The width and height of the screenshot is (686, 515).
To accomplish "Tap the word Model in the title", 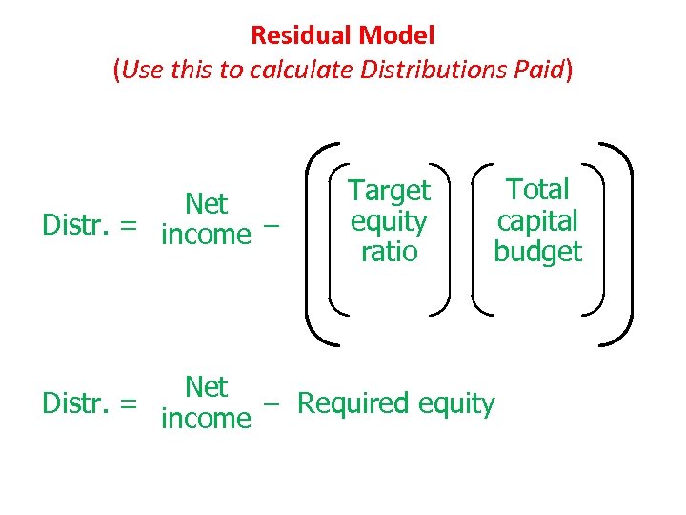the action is pyautogui.click(x=398, y=36).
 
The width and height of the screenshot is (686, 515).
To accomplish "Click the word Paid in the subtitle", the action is pyautogui.click(x=538, y=70).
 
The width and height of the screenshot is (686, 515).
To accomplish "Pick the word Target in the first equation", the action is pyautogui.click(x=389, y=191).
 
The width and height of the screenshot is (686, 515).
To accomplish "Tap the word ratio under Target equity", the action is pyautogui.click(x=389, y=252).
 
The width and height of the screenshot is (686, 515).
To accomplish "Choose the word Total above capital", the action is pyautogui.click(x=537, y=190).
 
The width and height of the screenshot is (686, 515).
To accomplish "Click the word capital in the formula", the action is pyautogui.click(x=537, y=220).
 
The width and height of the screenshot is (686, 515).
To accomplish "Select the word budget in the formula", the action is pyautogui.click(x=537, y=252).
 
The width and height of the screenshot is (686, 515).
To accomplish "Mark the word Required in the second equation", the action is pyautogui.click(x=353, y=403).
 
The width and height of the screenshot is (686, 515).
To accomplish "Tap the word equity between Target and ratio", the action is pyautogui.click(x=389, y=222).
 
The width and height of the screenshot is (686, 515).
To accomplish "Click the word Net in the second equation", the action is pyautogui.click(x=206, y=387).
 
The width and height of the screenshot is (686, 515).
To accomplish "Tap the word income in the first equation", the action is pyautogui.click(x=206, y=235).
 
